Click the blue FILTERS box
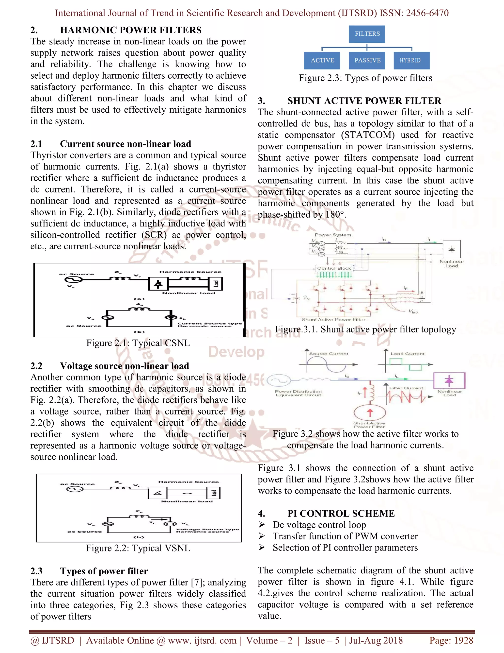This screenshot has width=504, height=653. (367, 34)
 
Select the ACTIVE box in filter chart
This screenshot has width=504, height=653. (322, 60)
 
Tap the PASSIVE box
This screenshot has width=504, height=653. (367, 60)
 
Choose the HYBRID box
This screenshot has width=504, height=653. (411, 60)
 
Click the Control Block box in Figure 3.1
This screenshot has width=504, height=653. (334, 268)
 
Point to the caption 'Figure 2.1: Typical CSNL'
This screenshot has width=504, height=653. (138, 343)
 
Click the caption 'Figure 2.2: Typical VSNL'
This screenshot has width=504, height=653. (138, 548)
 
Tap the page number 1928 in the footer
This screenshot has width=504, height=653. (463, 640)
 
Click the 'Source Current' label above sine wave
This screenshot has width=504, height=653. (329, 353)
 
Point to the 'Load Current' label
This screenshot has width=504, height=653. (407, 353)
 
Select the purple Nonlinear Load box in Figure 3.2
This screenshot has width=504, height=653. (449, 380)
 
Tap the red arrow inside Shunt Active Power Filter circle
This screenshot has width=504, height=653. (370, 412)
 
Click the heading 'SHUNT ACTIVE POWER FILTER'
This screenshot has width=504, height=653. (364, 101)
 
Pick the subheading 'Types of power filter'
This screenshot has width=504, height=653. (104, 571)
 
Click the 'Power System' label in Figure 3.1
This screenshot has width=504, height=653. (333, 235)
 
